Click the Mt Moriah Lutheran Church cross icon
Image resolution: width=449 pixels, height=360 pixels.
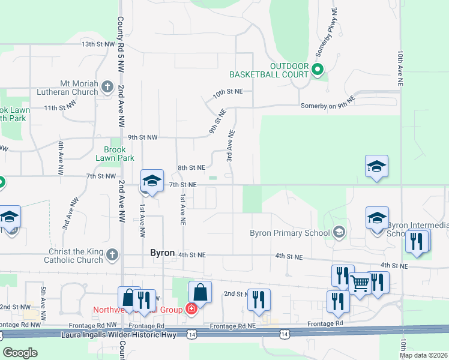coord(107,87)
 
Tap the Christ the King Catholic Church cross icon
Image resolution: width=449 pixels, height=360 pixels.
coord(112,256)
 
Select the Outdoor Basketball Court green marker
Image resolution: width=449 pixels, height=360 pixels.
coord(318,70)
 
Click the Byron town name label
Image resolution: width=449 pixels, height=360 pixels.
coord(162,253)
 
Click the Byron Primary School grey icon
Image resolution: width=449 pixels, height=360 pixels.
coord(339,232)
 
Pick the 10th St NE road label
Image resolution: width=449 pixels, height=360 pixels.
coord(227,92)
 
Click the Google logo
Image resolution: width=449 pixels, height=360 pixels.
coord(20,353)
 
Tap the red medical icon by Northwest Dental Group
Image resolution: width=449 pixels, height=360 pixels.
coord(191,310)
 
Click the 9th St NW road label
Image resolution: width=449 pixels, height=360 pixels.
coord(142,137)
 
